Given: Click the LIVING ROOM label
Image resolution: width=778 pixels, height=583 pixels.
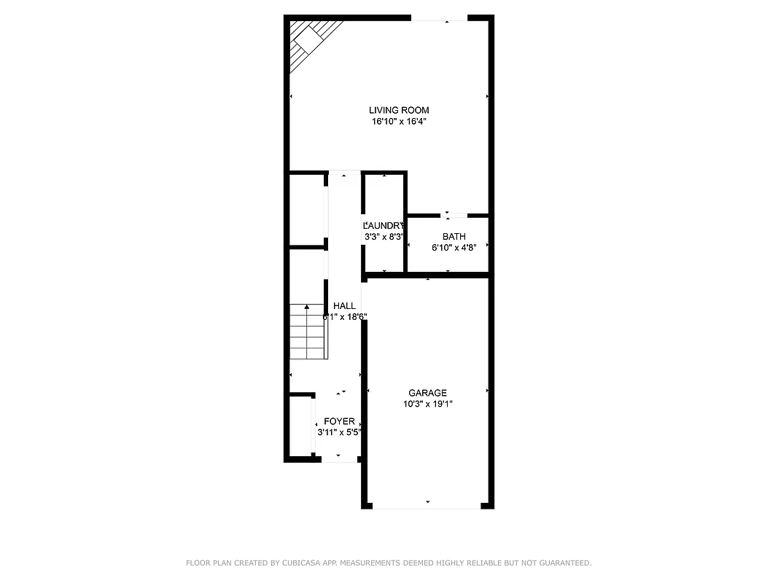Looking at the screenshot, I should tap(398, 110).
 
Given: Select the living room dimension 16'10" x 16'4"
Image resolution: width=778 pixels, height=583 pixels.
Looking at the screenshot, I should tap(398, 122).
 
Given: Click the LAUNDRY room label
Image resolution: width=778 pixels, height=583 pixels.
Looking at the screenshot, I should tap(384, 225).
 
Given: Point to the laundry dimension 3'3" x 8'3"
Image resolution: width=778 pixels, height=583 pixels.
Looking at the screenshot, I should tap(384, 237).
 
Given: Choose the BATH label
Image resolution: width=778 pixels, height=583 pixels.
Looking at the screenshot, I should tap(454, 236).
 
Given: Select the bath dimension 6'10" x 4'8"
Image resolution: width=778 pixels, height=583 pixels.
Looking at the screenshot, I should tap(454, 248).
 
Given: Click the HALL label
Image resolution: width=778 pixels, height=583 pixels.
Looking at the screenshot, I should tap(344, 305).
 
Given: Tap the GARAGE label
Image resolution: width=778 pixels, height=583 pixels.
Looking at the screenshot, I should tap(427, 393).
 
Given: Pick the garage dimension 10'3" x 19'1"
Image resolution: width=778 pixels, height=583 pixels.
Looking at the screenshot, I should tap(427, 404).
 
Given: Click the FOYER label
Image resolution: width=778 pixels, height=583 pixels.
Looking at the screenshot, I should tap(339, 421).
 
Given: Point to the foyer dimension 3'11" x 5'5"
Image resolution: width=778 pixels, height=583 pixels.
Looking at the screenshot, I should tap(339, 432).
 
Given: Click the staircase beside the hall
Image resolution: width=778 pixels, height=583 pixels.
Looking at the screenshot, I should tap(307, 332).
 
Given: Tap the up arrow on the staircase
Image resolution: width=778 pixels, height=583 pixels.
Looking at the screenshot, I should tap(307, 309).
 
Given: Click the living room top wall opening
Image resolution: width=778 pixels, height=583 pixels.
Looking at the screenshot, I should tap(439, 18).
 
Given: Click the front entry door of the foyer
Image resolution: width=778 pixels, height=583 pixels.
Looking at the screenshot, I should tap(337, 460).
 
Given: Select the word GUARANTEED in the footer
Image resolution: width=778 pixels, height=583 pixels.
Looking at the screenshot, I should tap(564, 563).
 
